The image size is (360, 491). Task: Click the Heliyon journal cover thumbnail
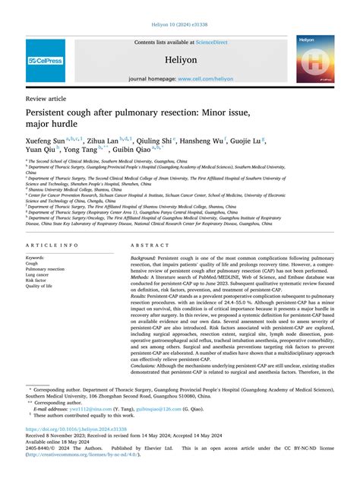315,58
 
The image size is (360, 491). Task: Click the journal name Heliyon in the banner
180,58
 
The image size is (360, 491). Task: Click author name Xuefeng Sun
45,140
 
